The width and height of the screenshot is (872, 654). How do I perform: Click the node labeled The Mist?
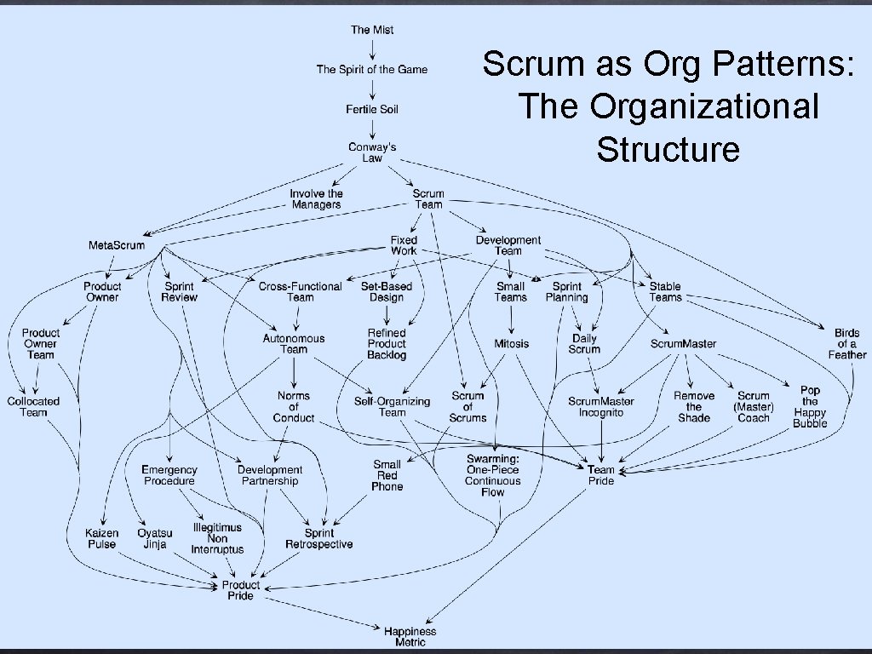[372, 30]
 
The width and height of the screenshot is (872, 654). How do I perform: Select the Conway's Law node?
[372, 152]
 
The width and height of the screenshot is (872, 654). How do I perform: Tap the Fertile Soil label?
[372, 109]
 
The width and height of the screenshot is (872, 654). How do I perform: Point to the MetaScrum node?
[117, 245]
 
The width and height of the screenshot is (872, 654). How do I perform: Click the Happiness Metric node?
[410, 636]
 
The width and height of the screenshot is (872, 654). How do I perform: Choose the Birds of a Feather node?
[846, 343]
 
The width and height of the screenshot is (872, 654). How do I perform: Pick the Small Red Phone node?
[387, 475]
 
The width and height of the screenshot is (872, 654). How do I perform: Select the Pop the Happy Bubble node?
[810, 406]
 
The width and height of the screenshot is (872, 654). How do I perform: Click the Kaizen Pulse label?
[101, 538]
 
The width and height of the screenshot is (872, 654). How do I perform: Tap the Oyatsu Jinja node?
[155, 538]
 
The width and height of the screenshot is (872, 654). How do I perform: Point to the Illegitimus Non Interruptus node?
[217, 538]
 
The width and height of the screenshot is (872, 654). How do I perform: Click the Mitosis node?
[511, 343]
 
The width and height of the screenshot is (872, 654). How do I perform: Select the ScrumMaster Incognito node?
[601, 407]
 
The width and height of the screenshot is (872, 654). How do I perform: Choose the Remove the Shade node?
[694, 406]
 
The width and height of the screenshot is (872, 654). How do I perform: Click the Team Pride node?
[600, 475]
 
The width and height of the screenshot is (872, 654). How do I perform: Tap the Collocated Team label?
[34, 407]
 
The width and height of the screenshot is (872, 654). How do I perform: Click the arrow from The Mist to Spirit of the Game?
[372, 49]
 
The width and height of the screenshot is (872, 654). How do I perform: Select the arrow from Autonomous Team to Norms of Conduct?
[294, 372]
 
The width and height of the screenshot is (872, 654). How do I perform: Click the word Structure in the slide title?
[668, 149]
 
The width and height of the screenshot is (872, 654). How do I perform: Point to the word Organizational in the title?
[668, 106]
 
